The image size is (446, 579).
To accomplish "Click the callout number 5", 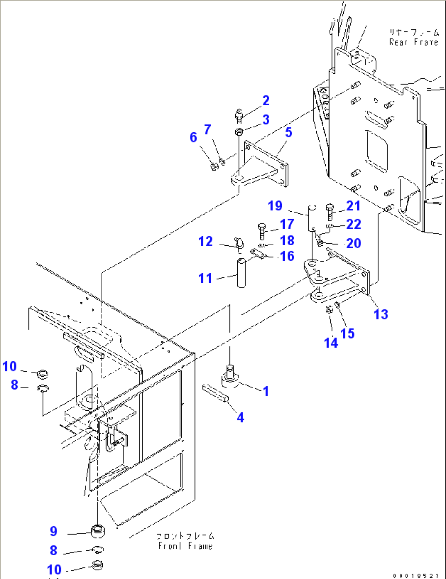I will (288, 133).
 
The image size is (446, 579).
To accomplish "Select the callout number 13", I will (381, 314).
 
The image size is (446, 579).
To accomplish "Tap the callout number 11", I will (205, 278).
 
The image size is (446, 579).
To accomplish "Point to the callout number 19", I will (275, 206).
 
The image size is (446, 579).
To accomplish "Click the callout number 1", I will (266, 391).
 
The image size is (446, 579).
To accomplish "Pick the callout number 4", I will (241, 417).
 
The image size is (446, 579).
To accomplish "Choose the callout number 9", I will (54, 531).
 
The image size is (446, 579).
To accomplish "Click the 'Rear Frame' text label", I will (414, 37).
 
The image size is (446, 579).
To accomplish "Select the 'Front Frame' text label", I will (185, 541).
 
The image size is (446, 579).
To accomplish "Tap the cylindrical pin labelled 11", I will (241, 272).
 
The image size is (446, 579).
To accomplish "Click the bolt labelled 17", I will (262, 231).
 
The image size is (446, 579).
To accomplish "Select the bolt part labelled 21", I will (330, 212).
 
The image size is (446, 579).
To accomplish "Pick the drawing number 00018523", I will (415, 575).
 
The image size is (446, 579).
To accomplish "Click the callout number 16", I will (287, 256).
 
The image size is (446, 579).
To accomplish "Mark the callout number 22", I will (354, 224).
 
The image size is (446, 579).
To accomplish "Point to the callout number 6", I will (194, 138).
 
